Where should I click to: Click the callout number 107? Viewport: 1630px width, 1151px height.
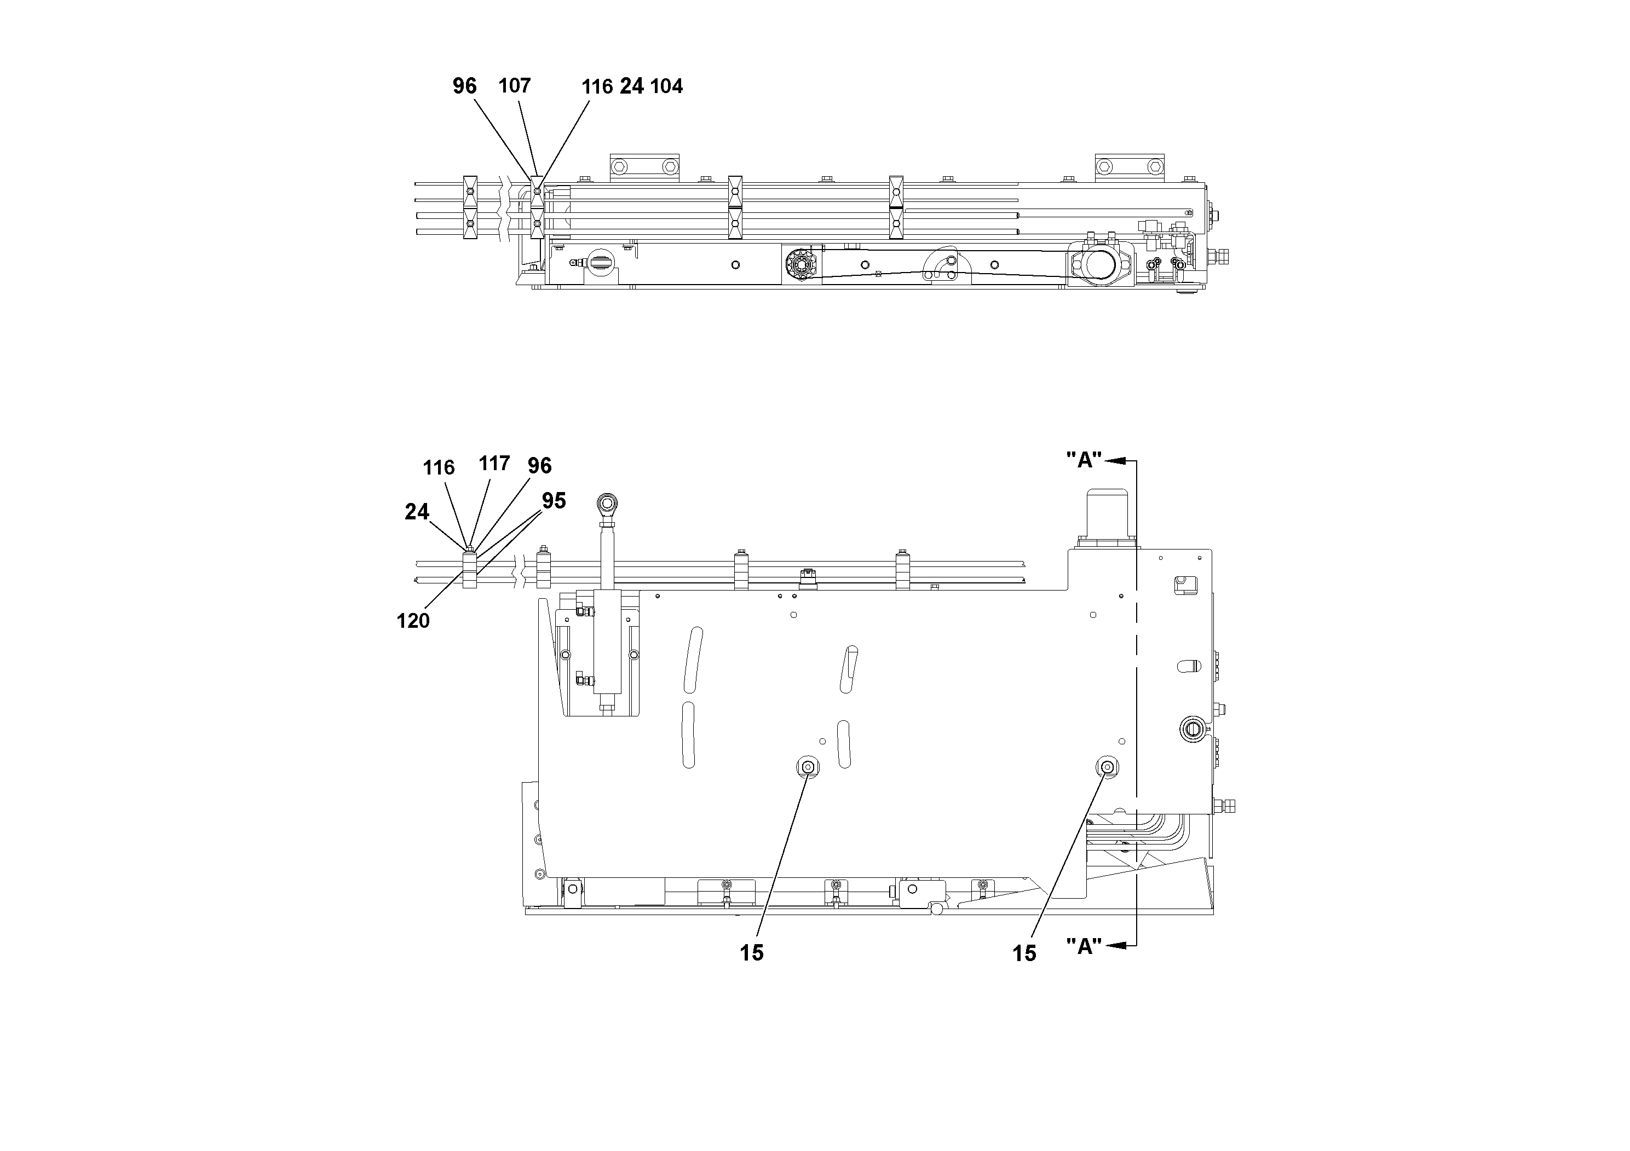coord(514,86)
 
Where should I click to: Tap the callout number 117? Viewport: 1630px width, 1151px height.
coord(494,464)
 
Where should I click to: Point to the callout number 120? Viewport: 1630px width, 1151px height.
coord(413,621)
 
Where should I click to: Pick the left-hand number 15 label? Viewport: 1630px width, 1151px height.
coord(751,953)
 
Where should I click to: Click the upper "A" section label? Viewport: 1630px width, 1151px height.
coord(1084,460)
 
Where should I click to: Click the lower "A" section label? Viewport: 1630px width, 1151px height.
coord(1084,946)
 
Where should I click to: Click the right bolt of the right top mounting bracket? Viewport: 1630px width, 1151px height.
coord(1155,167)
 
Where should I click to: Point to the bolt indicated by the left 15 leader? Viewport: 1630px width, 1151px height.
coord(807,766)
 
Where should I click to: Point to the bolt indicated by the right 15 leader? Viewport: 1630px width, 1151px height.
coord(1107,766)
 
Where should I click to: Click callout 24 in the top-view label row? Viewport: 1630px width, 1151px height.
coord(631,86)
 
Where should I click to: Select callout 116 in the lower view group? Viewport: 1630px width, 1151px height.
coord(438,467)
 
